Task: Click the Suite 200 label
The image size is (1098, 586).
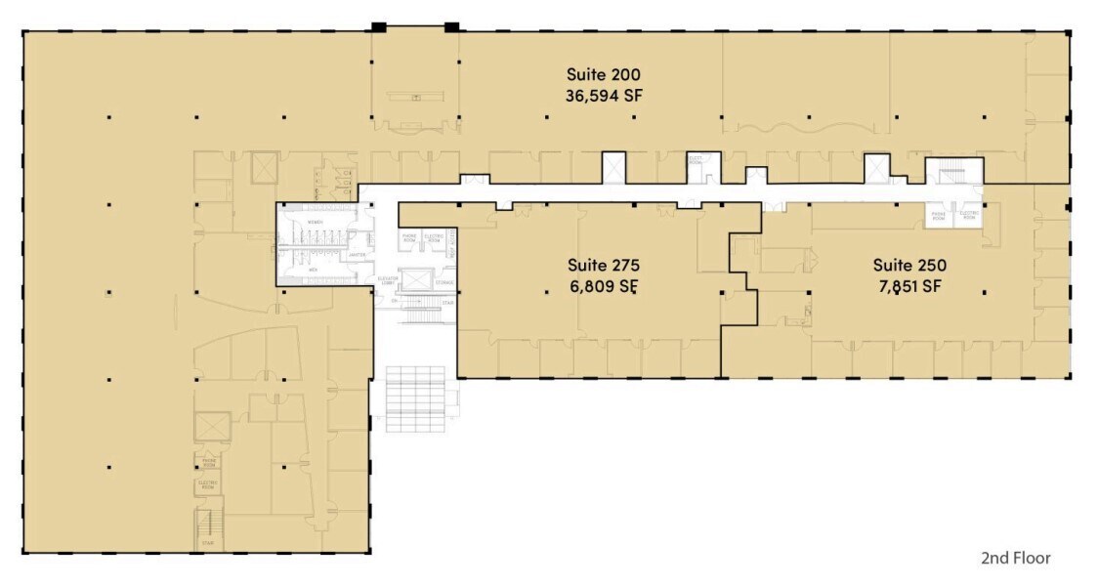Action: (603, 74)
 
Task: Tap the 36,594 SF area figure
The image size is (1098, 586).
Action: (603, 96)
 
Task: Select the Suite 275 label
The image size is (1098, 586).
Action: (603, 265)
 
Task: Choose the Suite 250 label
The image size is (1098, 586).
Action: (909, 265)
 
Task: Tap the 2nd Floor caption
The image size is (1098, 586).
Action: (1015, 559)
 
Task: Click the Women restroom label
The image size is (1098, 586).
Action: (315, 222)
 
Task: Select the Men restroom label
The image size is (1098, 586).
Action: (315, 265)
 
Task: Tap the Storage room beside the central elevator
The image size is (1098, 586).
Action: (445, 283)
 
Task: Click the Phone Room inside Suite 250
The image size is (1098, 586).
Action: (938, 216)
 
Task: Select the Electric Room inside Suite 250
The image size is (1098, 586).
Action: (968, 216)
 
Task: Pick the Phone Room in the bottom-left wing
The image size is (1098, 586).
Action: (208, 461)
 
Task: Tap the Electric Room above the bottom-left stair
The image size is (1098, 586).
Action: (208, 484)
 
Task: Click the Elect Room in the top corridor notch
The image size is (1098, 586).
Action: (696, 160)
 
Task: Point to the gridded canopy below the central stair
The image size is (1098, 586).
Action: (415, 398)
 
